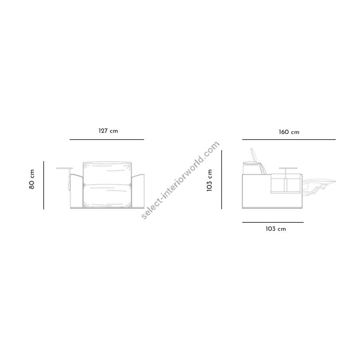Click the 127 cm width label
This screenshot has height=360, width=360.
(108, 131)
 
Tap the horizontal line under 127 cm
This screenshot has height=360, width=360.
(107, 139)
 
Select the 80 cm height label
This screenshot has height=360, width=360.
(32, 179)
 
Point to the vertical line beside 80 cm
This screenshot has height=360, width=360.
(44, 185)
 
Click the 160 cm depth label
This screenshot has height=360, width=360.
(289, 132)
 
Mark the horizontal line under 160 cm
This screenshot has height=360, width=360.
(289, 139)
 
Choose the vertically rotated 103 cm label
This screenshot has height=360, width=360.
(209, 180)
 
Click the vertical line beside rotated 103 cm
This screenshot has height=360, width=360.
(222, 180)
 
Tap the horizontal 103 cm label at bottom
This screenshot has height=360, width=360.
(276, 229)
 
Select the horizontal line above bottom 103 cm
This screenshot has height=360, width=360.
(273, 222)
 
